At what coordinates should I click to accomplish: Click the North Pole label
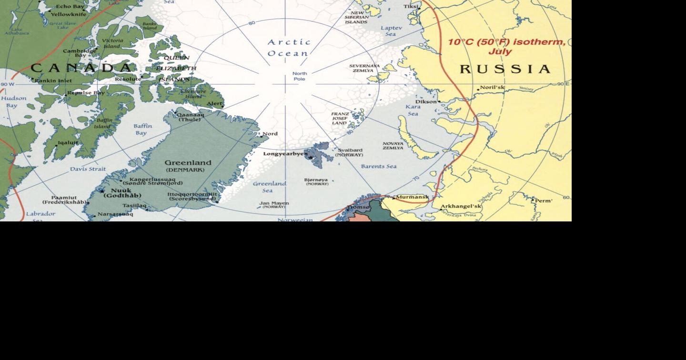[x=299, y=76]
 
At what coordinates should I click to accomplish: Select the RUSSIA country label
[x=505, y=70]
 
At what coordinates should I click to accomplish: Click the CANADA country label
[x=81, y=68]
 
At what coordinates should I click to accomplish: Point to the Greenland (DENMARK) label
[x=188, y=166]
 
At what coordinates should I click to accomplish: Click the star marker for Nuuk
[x=101, y=191]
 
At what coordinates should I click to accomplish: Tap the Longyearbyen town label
[x=285, y=154]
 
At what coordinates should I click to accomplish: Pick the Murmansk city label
[x=413, y=197]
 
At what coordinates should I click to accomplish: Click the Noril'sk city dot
[x=478, y=90]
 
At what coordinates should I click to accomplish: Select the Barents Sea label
[x=378, y=167]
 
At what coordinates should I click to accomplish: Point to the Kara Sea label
[x=413, y=110]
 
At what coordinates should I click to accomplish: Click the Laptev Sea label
[x=391, y=31]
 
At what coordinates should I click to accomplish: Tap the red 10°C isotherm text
[x=506, y=47]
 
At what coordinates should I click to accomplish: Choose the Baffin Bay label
[x=142, y=130]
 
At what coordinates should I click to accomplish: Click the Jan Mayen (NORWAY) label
[x=274, y=205]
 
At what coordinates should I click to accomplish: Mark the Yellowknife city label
[x=69, y=14]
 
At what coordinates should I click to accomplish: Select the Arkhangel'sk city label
[x=461, y=207]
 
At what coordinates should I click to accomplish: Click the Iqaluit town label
[x=68, y=142]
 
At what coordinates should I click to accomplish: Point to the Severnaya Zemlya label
[x=364, y=68]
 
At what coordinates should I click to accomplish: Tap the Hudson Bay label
[x=13, y=101]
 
